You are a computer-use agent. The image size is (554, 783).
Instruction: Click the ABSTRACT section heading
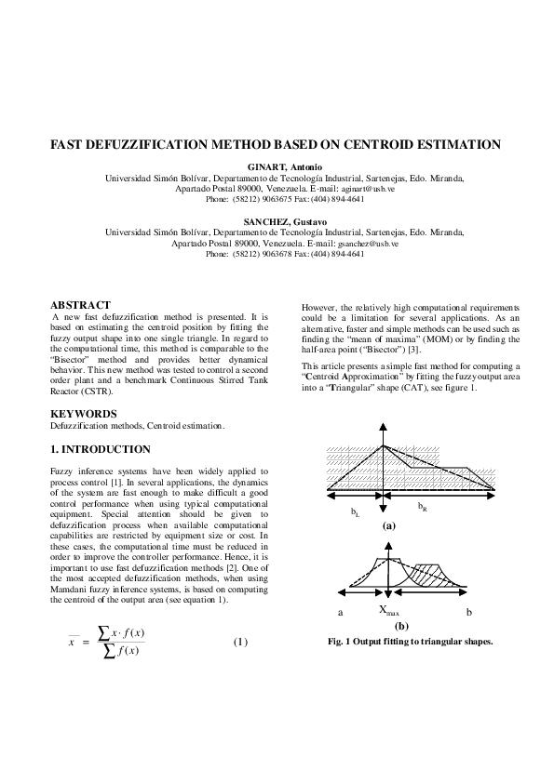[80, 305]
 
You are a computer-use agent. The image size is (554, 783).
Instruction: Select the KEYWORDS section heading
[83, 413]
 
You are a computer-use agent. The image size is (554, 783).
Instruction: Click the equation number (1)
[241, 642]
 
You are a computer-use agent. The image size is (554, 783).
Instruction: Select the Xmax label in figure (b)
[388, 612]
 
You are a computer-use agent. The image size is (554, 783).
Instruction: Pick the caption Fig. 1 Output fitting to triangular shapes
[410, 642]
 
